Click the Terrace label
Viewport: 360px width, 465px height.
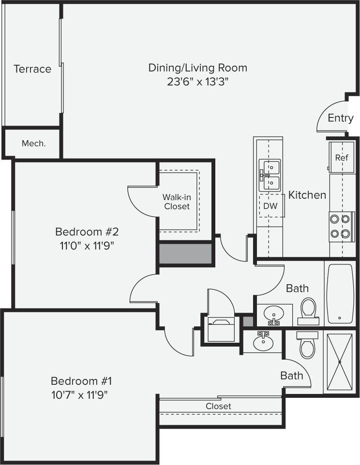(x=32, y=69)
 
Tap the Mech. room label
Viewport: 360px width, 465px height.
(x=34, y=144)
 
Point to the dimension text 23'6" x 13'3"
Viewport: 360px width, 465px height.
(x=197, y=82)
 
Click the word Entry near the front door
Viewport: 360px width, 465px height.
(x=340, y=118)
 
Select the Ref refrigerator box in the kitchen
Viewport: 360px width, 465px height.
(x=341, y=158)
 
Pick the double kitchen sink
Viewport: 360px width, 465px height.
(x=270, y=175)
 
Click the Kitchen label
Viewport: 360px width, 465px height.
(x=307, y=195)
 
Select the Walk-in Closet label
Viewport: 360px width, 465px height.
(x=176, y=202)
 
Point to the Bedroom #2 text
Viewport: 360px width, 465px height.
(x=87, y=231)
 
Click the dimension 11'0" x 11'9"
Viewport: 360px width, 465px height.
(x=87, y=245)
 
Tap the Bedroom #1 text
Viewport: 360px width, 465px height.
(x=81, y=380)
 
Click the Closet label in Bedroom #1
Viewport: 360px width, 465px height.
(x=218, y=406)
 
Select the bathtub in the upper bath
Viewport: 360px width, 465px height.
(x=340, y=293)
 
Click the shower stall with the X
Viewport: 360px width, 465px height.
(x=340, y=362)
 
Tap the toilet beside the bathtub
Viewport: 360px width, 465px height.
(x=308, y=310)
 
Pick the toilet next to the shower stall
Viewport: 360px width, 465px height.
(x=307, y=345)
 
